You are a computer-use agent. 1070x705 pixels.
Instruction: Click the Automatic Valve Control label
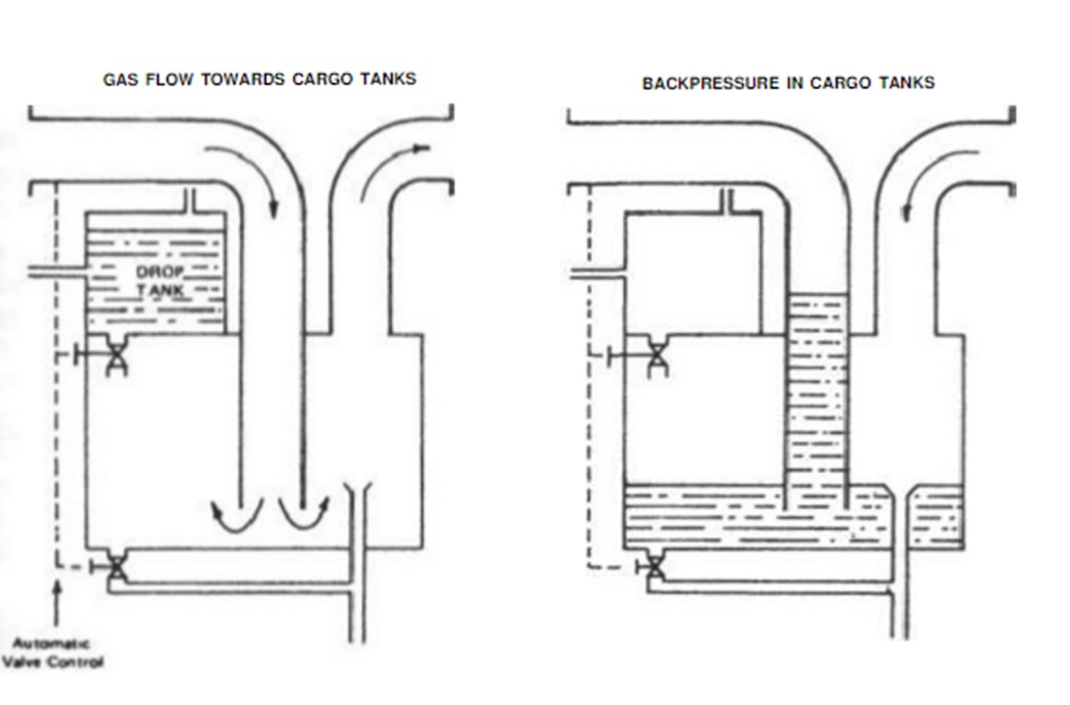[x=55, y=653]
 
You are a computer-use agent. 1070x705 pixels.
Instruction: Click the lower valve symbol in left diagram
[x=116, y=567]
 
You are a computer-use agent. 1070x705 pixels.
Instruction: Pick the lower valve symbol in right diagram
[x=656, y=567]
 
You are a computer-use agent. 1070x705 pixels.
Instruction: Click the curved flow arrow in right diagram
[x=943, y=181]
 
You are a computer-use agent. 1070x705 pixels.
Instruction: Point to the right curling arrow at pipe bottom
[x=304, y=514]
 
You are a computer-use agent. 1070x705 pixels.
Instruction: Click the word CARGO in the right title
[x=840, y=83]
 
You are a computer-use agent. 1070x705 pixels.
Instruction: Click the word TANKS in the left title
[x=388, y=80]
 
